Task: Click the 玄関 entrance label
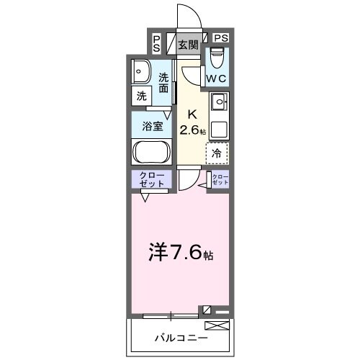(188, 44)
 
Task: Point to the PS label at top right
(220, 38)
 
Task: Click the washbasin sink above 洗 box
(140, 72)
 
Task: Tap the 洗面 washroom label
(164, 83)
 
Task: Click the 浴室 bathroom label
(150, 125)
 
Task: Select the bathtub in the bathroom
(150, 153)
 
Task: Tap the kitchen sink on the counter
(217, 101)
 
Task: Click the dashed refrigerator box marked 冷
(217, 153)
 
